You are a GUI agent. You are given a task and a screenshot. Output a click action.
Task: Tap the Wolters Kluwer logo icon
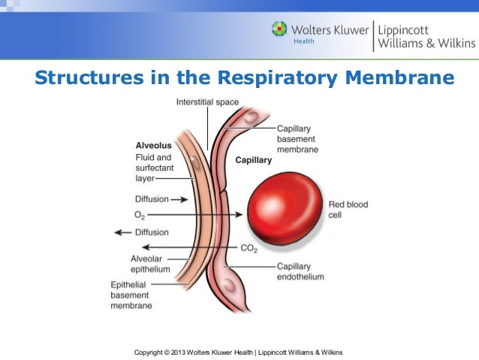click(279, 30)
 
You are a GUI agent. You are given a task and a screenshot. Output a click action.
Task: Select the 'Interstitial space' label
click(206, 101)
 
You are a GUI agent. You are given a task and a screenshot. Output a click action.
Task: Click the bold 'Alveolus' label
click(153, 145)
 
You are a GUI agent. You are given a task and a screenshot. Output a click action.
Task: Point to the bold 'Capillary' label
click(254, 160)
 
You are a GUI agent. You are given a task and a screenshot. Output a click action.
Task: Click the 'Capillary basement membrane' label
click(297, 139)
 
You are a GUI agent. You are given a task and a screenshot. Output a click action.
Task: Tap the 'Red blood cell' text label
click(348, 210)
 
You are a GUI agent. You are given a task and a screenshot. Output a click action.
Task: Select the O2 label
click(140, 215)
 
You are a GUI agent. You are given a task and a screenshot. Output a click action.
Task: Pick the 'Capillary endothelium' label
click(300, 271)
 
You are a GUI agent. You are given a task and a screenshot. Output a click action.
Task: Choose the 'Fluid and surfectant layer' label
click(154, 168)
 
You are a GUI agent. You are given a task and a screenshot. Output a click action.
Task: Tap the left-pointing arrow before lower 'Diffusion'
click(122, 232)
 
